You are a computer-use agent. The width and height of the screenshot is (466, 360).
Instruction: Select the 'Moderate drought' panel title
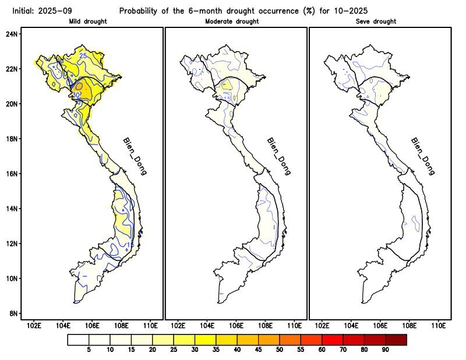pyautogui.click(x=232, y=22)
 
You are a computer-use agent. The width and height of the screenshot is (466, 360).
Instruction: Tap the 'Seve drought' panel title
pyautogui.click(x=376, y=22)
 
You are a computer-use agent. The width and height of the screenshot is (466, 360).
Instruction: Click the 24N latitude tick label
pyautogui.click(x=12, y=34)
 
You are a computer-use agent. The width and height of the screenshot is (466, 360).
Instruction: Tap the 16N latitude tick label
pyautogui.click(x=12, y=174)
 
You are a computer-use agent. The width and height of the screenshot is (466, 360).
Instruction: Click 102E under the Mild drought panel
pyautogui.click(x=34, y=325)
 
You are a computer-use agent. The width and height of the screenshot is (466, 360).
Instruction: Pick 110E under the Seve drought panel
pyautogui.click(x=439, y=325)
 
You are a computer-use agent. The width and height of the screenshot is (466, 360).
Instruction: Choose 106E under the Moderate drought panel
pyautogui.click(x=236, y=325)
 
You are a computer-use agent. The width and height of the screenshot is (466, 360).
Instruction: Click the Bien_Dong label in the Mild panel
pyautogui.click(x=135, y=156)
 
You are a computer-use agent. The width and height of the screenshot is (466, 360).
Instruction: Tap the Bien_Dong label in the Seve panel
pyautogui.click(x=423, y=156)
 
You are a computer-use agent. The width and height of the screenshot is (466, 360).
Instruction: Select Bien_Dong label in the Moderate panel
pyautogui.click(x=278, y=156)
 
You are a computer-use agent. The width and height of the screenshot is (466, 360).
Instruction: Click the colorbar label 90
pyautogui.click(x=385, y=350)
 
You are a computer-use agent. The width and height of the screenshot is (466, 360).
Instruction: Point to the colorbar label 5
pyautogui.click(x=89, y=350)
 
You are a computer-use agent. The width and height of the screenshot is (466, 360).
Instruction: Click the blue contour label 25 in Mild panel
pyautogui.click(x=83, y=56)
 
